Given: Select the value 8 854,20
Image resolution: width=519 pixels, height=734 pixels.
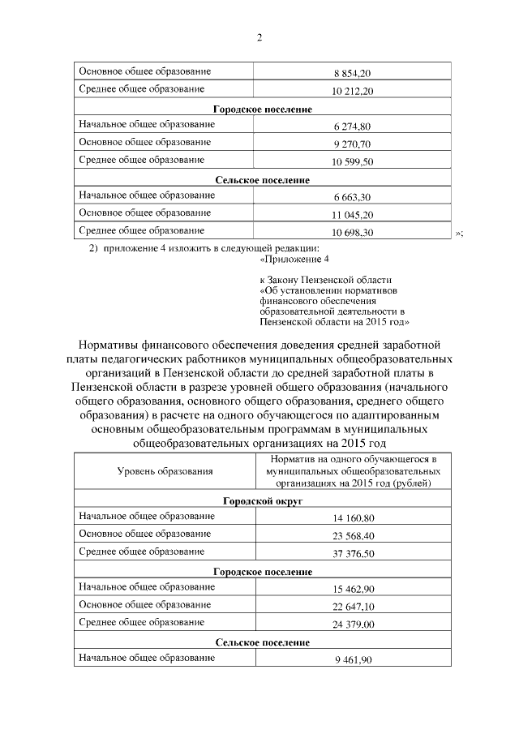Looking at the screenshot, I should click(352, 73).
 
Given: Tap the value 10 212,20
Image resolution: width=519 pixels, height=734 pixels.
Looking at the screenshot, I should click(352, 91).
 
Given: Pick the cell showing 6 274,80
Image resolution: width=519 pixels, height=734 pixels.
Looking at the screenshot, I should click(352, 127).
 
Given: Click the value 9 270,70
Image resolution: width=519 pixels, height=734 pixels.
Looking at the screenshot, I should click(352, 144).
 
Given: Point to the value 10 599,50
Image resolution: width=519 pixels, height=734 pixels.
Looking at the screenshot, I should click(352, 162).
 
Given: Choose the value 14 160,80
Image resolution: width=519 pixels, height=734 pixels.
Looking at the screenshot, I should click(352, 518).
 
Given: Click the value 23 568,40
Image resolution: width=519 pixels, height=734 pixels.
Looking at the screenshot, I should click(352, 536).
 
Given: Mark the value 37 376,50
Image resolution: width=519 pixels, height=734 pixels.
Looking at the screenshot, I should click(352, 554).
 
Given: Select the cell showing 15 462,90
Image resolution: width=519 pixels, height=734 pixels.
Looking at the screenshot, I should click(352, 590).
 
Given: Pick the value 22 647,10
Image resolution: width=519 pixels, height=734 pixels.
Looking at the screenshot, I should click(352, 607).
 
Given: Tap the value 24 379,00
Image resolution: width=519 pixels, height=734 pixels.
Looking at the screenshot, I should click(352, 625).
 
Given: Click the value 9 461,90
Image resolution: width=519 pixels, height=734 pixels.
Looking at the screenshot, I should click(352, 661).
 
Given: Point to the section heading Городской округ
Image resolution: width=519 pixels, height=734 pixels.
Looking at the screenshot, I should click(262, 501).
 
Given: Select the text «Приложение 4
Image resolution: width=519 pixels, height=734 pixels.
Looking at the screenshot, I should click(294, 259).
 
